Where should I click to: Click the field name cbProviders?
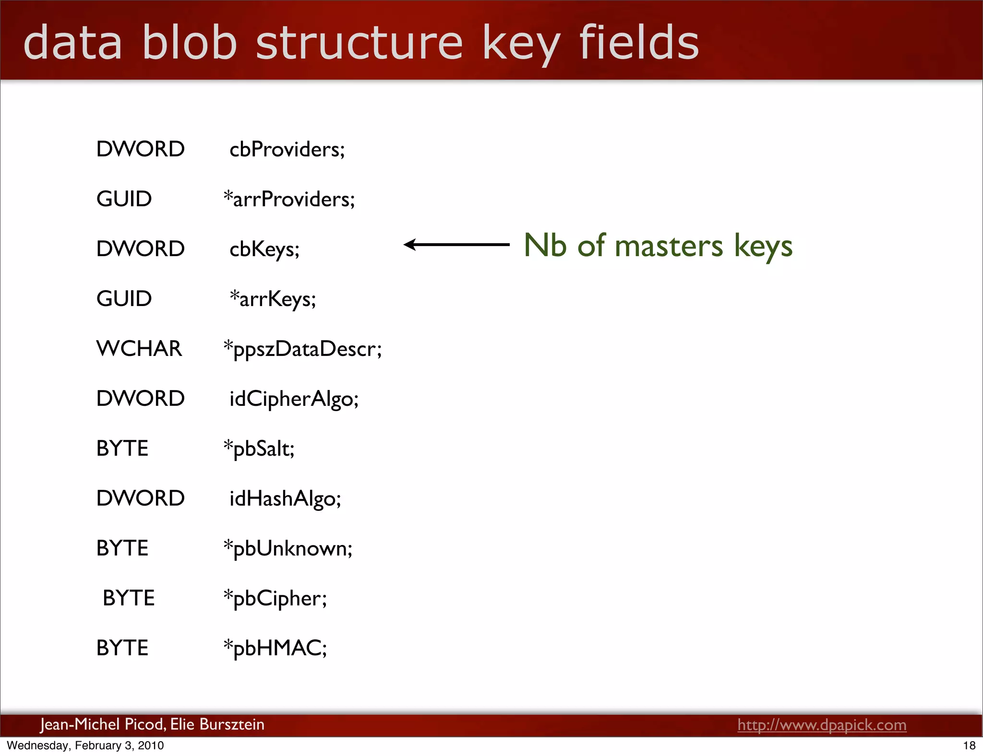tap(287, 149)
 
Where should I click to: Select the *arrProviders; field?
tap(289, 199)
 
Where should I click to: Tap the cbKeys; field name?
tap(264, 249)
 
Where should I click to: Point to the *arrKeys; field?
tap(273, 299)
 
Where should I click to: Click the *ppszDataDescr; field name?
tap(303, 349)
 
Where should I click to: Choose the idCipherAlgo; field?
tap(294, 399)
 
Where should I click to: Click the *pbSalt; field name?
tap(259, 449)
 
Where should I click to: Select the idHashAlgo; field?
tap(285, 498)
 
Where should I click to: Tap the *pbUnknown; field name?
tap(288, 548)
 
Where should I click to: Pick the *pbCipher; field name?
tap(276, 598)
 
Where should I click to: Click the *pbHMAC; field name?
tap(276, 648)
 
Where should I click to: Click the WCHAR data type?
tap(139, 348)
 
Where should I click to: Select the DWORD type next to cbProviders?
tap(140, 149)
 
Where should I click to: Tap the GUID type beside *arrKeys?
tap(124, 299)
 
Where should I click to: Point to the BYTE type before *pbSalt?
tap(122, 449)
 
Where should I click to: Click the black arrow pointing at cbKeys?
tap(456, 245)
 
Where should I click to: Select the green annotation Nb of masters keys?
tap(658, 246)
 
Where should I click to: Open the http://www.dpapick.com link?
tap(822, 724)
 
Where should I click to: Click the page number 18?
tap(969, 745)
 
